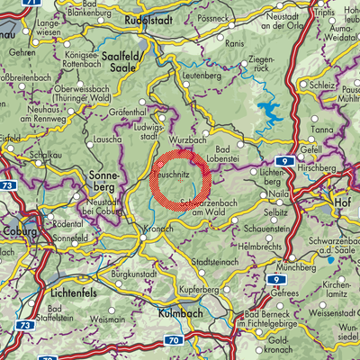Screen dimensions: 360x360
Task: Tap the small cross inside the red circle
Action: click(x=180, y=180)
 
